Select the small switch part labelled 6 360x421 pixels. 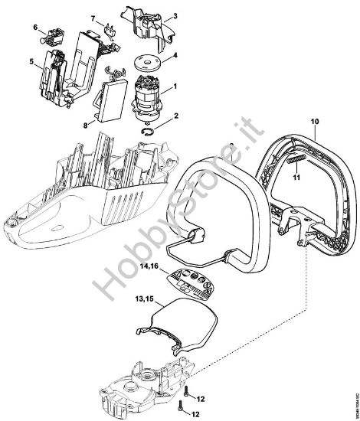(x=93, y=17)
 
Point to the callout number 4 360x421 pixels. (x=175, y=56)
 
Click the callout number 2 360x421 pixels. (x=175, y=116)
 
